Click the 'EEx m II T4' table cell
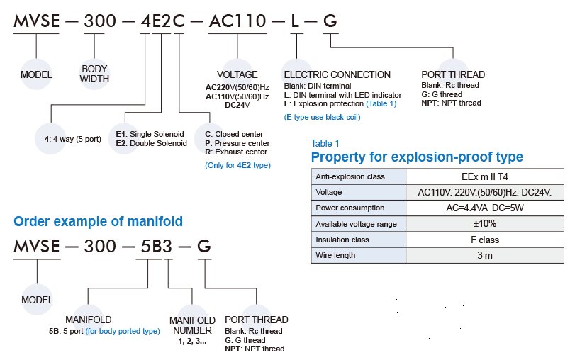[x=484, y=176]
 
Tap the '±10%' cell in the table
[x=484, y=224]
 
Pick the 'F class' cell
[x=484, y=240]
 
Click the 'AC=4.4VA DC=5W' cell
[x=484, y=208]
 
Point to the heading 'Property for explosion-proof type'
[x=417, y=157]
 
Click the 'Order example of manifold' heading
[x=99, y=221]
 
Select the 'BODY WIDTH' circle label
[x=94, y=74]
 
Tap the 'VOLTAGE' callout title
[x=237, y=74]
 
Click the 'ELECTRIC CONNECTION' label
[x=337, y=74]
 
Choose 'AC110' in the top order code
[x=238, y=21]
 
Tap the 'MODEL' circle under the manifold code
[x=37, y=300]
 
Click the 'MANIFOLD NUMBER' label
[x=192, y=325]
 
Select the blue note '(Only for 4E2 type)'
[x=238, y=165]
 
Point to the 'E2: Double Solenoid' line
[x=151, y=143]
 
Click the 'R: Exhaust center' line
[x=235, y=152]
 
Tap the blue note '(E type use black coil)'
[x=322, y=117]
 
